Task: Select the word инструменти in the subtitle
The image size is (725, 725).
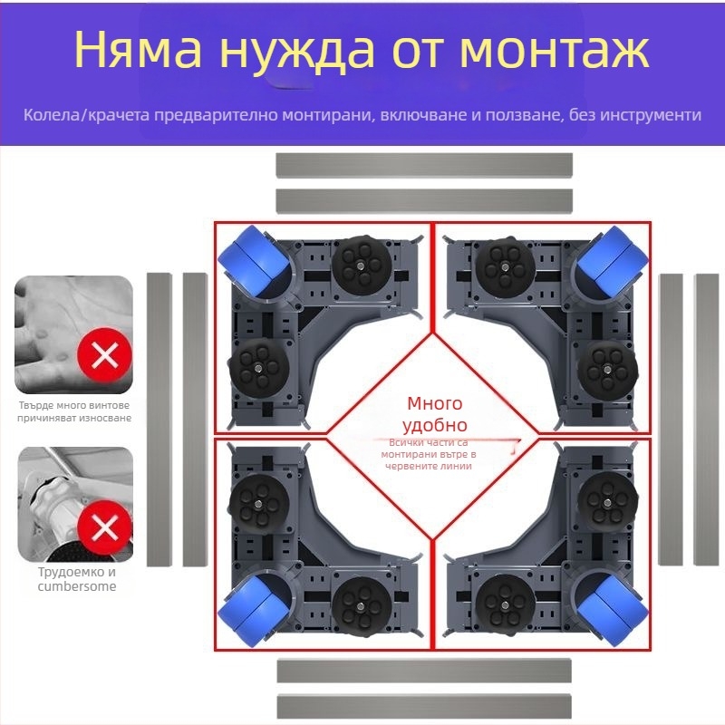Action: pos(647,116)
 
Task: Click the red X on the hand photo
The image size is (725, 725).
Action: pos(106,354)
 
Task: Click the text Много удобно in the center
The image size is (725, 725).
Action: pos(435,414)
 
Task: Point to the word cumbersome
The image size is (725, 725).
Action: pos(76,586)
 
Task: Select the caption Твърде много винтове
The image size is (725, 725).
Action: pos(73,405)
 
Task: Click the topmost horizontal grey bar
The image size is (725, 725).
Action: pos(424,165)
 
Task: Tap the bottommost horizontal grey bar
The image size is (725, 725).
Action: pos(424,705)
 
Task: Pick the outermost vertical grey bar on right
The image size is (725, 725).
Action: pos(706,419)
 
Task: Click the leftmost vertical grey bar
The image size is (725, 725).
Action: pos(159,419)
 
